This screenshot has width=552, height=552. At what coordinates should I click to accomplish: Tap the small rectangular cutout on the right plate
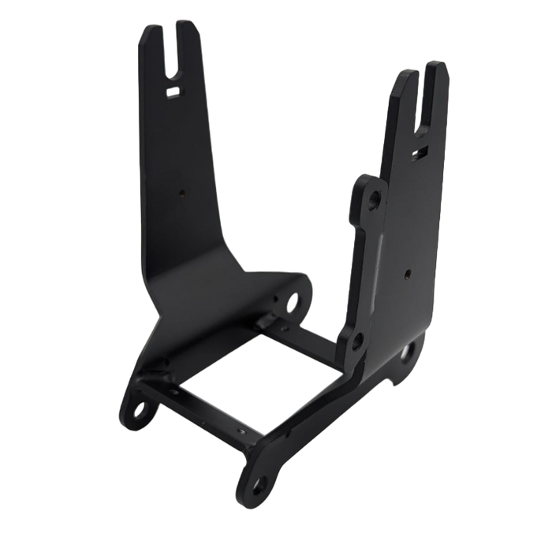tap(422, 147)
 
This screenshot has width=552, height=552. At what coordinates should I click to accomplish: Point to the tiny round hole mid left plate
tap(182, 190)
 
